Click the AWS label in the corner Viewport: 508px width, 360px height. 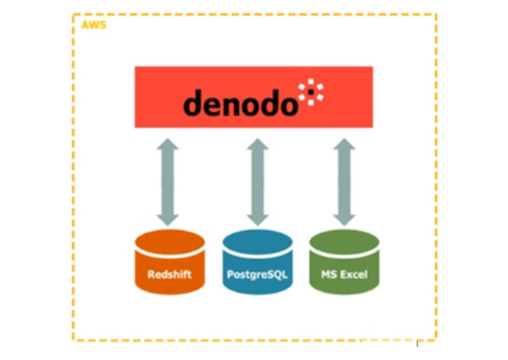[x=93, y=25]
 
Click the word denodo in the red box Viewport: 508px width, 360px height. [x=241, y=102]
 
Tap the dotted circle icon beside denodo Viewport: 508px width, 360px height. [x=311, y=92]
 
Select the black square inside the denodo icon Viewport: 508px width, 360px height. [x=311, y=92]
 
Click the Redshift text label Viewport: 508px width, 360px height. [x=170, y=274]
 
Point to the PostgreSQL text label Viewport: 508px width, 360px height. [x=257, y=275]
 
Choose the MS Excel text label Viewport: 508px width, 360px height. [x=344, y=274]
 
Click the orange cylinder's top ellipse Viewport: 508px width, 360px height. [x=170, y=242]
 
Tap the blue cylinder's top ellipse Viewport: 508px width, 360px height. [x=258, y=242]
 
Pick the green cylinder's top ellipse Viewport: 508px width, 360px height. [x=344, y=242]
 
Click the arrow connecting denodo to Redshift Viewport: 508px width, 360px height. [x=168, y=182]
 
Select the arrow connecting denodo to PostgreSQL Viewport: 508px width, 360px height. [x=258, y=182]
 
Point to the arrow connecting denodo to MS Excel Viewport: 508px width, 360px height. [x=344, y=182]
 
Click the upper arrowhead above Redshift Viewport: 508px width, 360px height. [x=168, y=144]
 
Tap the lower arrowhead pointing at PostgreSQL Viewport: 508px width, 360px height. [x=258, y=220]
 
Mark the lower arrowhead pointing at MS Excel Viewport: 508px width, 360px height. [x=344, y=220]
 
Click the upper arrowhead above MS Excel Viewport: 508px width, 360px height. [x=344, y=144]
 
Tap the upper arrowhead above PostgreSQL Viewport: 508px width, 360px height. [x=258, y=144]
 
